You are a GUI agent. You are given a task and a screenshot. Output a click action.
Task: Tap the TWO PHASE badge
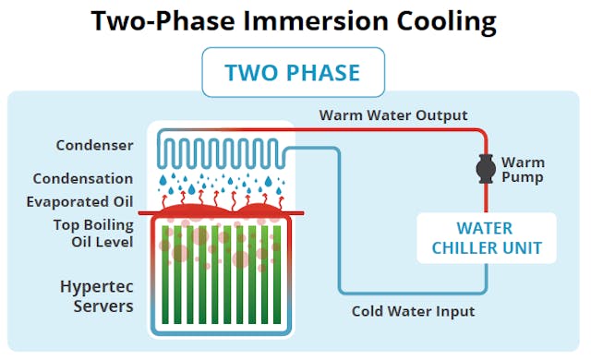(295, 73)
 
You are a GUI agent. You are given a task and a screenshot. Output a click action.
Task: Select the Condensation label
(83, 178)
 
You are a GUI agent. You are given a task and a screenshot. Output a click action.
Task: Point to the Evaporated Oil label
(82, 201)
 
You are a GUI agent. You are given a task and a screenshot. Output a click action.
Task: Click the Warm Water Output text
(393, 115)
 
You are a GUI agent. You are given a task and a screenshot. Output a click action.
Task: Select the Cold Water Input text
(413, 311)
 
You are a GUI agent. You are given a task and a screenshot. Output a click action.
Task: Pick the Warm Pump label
(523, 170)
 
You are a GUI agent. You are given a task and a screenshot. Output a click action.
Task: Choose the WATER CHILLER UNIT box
(487, 237)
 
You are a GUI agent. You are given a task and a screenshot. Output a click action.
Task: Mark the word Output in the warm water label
(440, 115)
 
